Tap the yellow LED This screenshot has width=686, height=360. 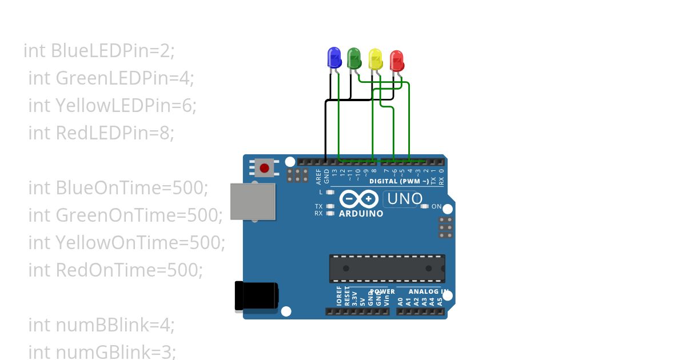click(376, 59)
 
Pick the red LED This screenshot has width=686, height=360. click(396, 61)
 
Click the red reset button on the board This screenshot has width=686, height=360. click(264, 168)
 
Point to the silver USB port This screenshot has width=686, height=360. click(252, 201)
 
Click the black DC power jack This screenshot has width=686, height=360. click(257, 297)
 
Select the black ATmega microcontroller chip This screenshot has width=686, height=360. click(386, 268)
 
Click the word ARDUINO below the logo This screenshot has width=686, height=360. click(361, 214)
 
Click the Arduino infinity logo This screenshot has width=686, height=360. click(358, 199)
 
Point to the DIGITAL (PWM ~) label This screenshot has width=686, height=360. click(399, 181)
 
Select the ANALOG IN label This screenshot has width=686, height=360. click(427, 291)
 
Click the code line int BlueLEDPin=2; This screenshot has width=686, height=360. click(99, 51)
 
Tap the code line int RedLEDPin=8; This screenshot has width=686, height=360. click(101, 133)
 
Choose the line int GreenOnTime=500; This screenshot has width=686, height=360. click(125, 215)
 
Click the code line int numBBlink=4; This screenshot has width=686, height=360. click(101, 325)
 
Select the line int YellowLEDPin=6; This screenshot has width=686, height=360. click(112, 106)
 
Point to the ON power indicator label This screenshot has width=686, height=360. click(436, 206)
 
